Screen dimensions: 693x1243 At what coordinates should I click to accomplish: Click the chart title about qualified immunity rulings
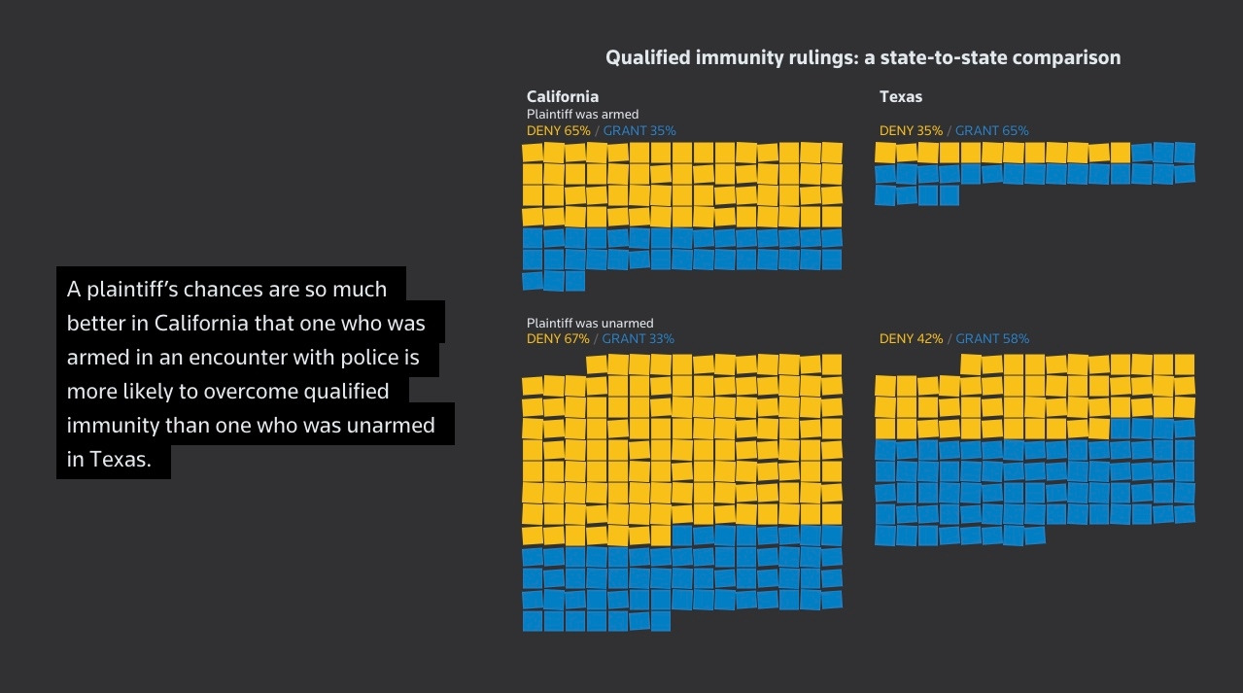click(862, 57)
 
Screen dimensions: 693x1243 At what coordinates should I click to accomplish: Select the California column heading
click(562, 96)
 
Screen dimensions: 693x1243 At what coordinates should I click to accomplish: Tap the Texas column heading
click(900, 96)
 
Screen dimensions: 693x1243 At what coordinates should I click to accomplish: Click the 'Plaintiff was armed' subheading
click(582, 114)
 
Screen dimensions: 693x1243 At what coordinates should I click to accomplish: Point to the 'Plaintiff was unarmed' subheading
click(589, 323)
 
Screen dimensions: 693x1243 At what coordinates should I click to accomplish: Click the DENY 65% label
click(558, 130)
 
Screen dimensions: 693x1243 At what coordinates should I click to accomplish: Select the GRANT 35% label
click(639, 130)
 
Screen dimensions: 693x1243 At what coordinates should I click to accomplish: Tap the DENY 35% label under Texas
click(911, 130)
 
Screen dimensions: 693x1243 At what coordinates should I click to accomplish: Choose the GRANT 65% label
click(991, 130)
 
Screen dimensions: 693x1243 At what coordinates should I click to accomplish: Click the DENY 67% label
click(558, 339)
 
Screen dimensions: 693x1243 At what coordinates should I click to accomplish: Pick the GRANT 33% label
click(638, 339)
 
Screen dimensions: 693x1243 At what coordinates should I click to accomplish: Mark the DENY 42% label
click(911, 339)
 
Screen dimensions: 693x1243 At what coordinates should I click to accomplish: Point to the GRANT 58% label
click(991, 339)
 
